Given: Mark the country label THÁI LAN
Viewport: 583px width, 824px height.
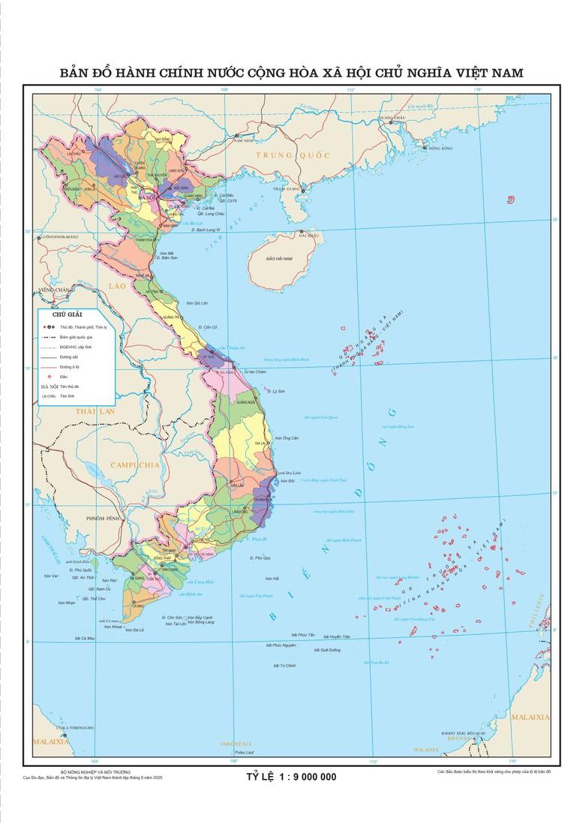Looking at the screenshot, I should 94,412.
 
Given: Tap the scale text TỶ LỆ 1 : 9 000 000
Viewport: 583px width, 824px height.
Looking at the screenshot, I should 291,776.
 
